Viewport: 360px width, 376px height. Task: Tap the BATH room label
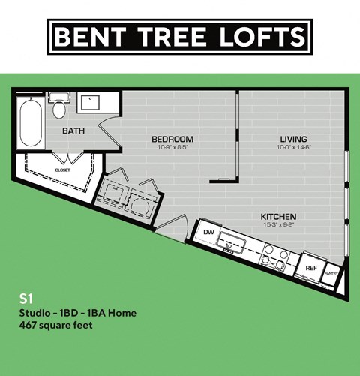pyautogui.click(x=73, y=131)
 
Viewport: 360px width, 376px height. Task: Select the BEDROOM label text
pyautogui.click(x=172, y=139)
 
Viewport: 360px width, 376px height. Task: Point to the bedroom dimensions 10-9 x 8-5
pyautogui.click(x=172, y=147)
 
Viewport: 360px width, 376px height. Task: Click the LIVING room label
pyautogui.click(x=293, y=139)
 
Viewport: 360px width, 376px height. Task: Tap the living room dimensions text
pyautogui.click(x=293, y=147)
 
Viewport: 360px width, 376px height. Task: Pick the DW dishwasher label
pyautogui.click(x=208, y=233)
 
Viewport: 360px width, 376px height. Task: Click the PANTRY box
pyautogui.click(x=330, y=273)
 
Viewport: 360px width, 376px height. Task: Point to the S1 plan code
pyautogui.click(x=27, y=297)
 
